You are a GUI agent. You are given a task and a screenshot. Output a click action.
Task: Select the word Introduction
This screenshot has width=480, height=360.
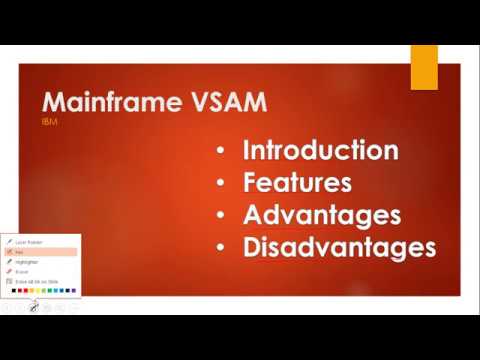320,151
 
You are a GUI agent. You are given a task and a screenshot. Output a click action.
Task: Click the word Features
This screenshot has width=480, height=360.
297,183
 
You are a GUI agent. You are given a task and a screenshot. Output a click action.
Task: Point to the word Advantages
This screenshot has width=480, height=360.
321,215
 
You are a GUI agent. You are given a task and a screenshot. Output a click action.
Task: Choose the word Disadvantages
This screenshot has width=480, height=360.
339,247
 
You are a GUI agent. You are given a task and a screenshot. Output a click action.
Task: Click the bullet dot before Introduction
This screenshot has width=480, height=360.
220,152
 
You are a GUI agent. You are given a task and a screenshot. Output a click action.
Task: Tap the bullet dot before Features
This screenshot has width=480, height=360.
220,184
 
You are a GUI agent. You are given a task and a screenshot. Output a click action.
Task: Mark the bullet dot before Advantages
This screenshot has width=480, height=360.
220,216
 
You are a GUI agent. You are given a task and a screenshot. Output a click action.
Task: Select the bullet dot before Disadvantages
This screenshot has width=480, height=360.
220,248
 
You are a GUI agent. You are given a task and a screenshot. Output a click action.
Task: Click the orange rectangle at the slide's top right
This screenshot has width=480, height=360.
424,67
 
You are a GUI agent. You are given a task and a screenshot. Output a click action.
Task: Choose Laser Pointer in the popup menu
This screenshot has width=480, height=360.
27,242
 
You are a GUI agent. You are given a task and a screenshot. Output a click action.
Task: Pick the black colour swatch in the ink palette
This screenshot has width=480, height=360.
14,291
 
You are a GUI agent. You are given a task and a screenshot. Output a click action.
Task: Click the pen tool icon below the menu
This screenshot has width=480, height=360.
33,307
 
